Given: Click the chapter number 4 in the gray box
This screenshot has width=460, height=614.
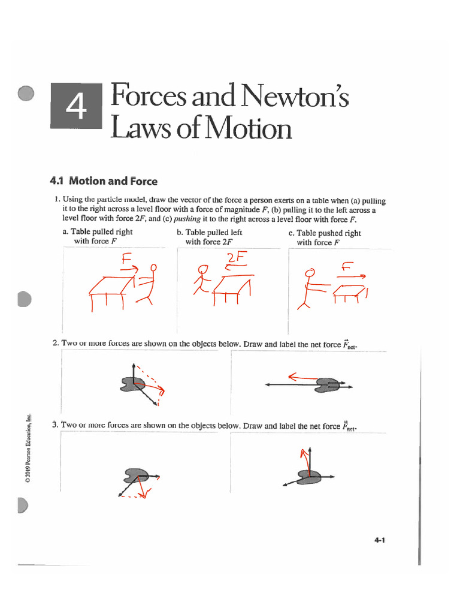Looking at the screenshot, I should click(x=76, y=107).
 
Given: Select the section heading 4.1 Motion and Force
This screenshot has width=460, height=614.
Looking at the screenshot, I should click(x=104, y=180).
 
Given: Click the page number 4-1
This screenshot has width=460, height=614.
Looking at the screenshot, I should click(x=379, y=540).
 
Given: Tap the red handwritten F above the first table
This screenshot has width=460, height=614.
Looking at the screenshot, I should click(x=126, y=259).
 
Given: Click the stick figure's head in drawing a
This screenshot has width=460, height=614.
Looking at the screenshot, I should click(x=154, y=267).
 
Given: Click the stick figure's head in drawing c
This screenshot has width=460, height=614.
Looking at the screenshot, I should click(x=310, y=273).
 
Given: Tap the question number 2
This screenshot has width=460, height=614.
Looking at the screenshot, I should click(x=55, y=343).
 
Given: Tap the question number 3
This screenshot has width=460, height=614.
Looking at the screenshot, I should click(x=55, y=425).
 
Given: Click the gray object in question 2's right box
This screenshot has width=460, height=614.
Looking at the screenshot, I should click(x=328, y=384).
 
